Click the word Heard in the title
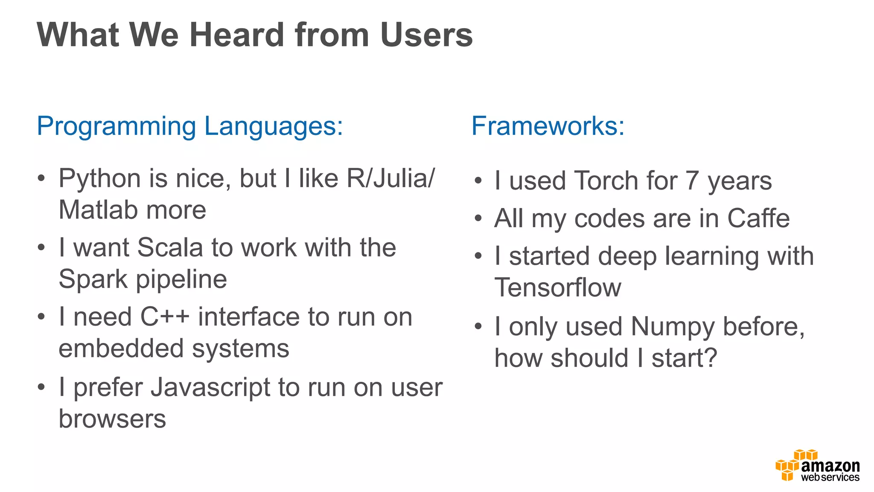coord(237,35)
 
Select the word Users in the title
coord(426,35)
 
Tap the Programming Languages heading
coord(190,126)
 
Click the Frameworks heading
coord(548,126)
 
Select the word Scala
coord(170,248)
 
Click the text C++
coord(165,317)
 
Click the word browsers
coord(112,419)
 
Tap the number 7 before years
coord(692,181)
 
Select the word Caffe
coord(758,219)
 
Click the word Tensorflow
coord(558,287)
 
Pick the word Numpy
coord(673,327)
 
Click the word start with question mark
coord(684,358)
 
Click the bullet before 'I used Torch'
coord(478,181)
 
